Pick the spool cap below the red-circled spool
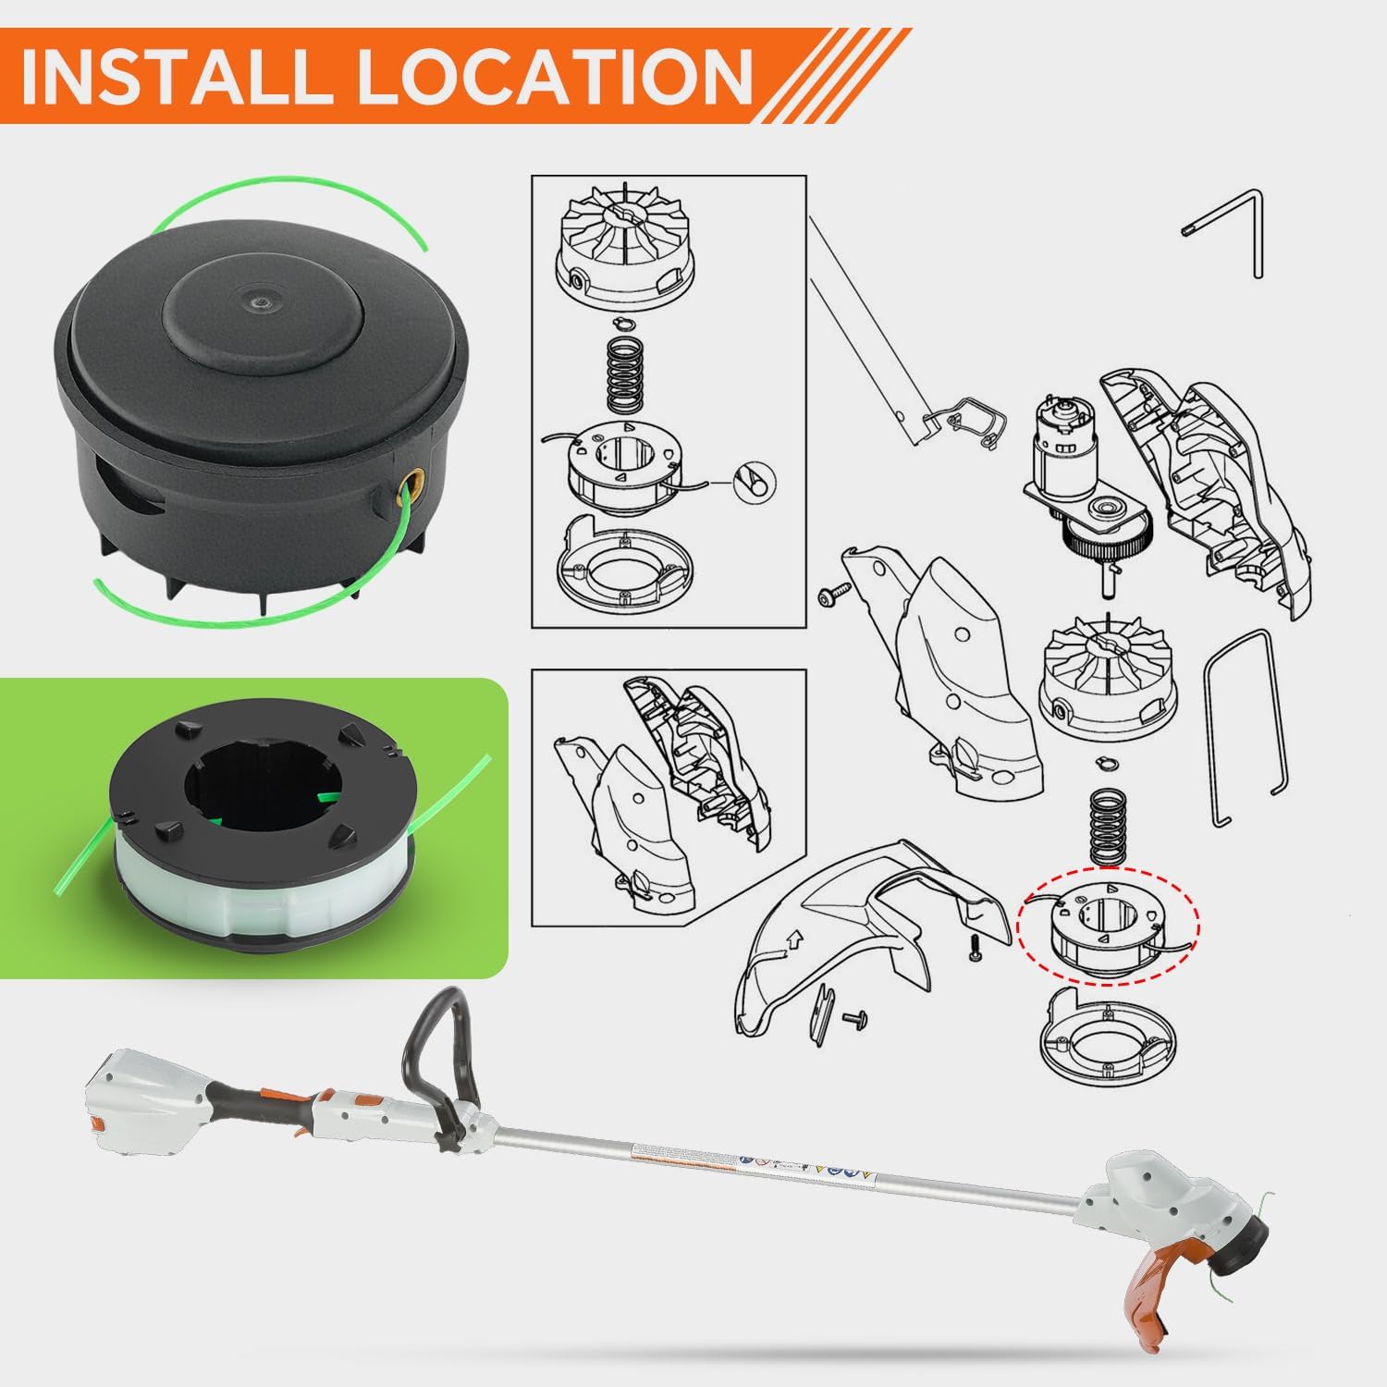click(x=1105, y=1040)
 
